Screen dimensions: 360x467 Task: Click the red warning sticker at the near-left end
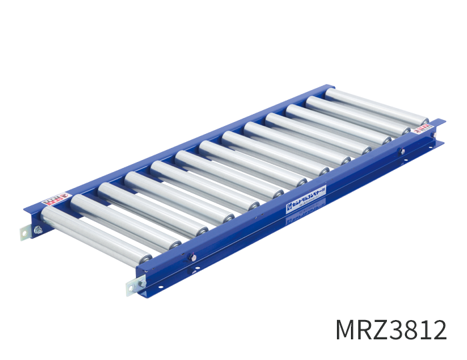pos(55,197)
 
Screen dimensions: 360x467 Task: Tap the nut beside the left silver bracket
pos(38,230)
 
